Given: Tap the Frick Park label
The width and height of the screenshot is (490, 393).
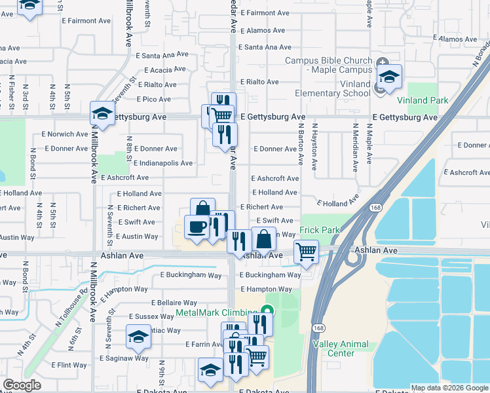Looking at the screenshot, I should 320,230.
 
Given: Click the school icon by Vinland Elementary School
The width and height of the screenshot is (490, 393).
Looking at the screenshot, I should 389,77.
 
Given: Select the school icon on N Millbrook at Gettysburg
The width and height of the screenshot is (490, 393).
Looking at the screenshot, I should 103,113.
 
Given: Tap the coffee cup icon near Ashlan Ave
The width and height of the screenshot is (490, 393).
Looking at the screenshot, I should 197,227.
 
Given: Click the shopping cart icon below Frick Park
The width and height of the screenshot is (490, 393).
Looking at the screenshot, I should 306,251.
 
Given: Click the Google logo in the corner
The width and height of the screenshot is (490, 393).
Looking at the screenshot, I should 22,385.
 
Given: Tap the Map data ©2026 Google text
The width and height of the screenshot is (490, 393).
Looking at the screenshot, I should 449,388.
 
